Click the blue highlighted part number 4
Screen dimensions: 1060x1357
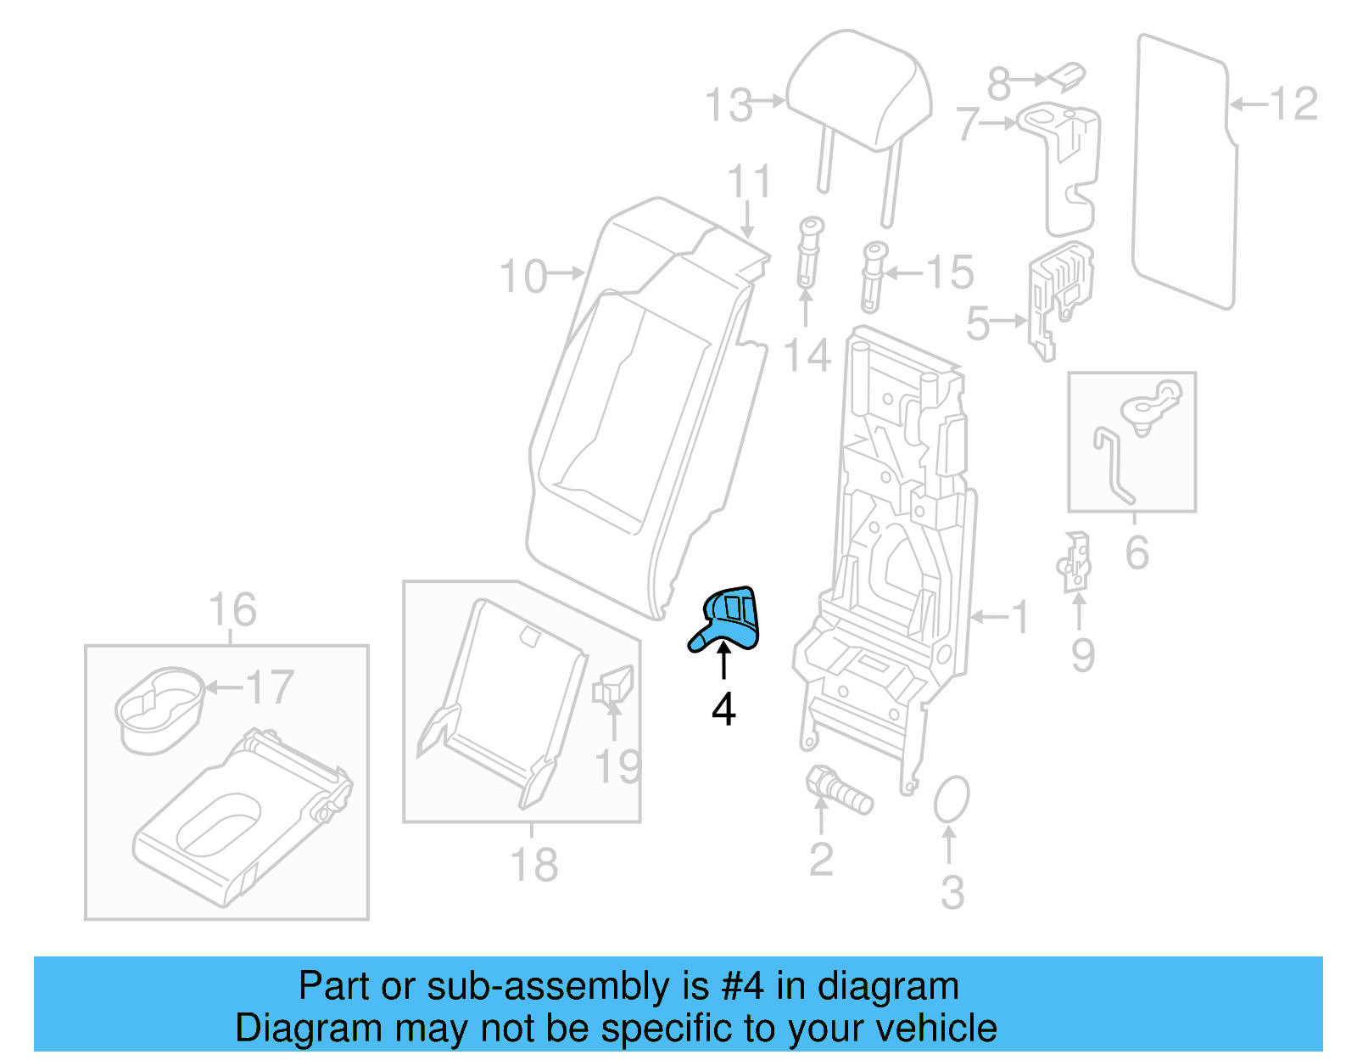[728, 620]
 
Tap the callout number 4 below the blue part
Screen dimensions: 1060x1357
[723, 709]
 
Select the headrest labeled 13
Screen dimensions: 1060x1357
[858, 93]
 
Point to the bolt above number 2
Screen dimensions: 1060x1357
[838, 790]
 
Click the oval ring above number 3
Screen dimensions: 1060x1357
[951, 799]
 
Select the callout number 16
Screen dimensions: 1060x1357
[232, 610]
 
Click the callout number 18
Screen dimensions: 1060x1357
[533, 866]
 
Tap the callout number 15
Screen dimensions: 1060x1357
[950, 273]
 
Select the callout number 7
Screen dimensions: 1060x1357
[968, 124]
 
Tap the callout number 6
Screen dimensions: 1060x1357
[1136, 553]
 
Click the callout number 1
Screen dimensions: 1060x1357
[1020, 617]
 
